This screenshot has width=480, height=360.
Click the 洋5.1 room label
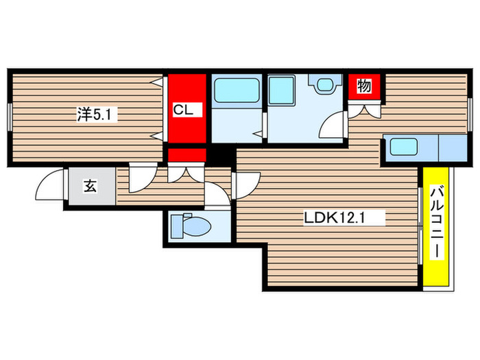click(97, 115)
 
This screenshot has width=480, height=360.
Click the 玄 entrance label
click(90, 185)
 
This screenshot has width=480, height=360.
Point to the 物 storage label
click(365, 86)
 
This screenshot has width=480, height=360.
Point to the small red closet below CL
click(187, 156)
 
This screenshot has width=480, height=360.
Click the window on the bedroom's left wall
click(10, 115)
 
